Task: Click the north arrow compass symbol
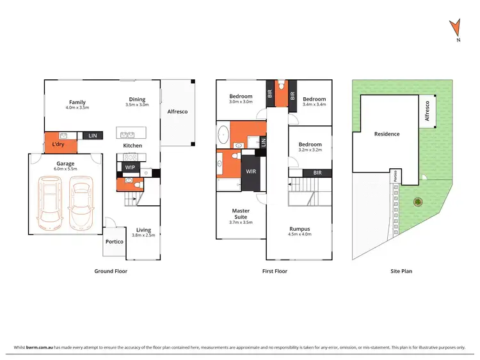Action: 456,29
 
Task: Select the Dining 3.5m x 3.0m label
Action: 137,102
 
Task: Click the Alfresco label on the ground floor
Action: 177,112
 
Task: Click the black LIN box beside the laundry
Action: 93,136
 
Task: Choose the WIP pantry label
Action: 130,168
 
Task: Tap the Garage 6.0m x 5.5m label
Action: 65,166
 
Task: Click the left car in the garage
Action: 51,204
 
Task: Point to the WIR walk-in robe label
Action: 251,171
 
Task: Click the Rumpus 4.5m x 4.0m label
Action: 300,231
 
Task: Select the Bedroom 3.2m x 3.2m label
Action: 310,147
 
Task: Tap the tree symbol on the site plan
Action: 418,203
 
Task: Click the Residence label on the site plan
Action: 387,134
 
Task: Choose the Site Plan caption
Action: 401,271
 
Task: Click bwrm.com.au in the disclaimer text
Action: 37,348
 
